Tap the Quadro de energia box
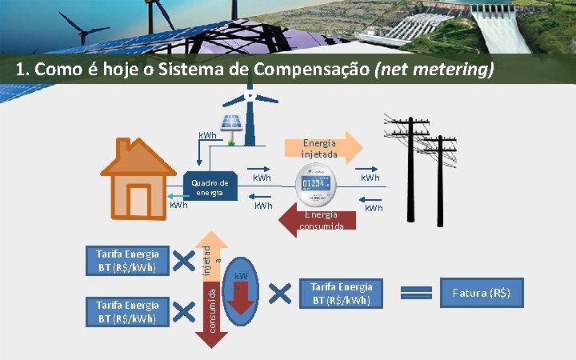(210, 188)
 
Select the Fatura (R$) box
(481, 294)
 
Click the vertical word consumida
(211, 310)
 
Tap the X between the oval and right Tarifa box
(281, 293)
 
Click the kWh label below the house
(178, 206)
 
